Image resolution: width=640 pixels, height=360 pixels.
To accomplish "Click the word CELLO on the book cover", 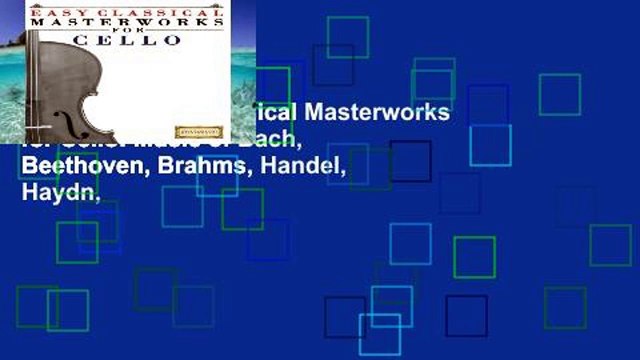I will tap(141, 40).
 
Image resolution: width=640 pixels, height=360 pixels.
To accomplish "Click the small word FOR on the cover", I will tap(141, 30).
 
